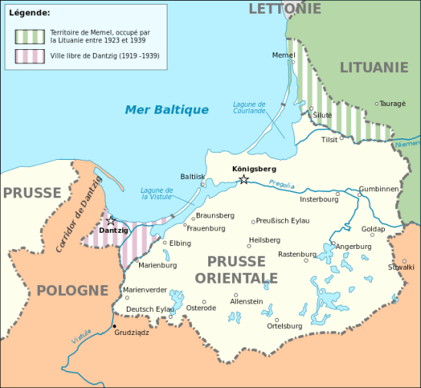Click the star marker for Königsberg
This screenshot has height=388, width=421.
(x=244, y=180)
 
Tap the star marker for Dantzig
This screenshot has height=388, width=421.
(x=111, y=221)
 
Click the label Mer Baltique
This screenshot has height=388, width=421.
(x=167, y=110)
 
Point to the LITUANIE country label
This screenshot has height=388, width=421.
(x=373, y=68)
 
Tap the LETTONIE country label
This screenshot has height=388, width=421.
(x=284, y=8)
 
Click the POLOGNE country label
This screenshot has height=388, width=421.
(x=71, y=290)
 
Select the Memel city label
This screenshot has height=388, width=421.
(x=283, y=55)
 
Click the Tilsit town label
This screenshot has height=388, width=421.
(x=329, y=140)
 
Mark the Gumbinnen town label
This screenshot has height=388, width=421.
(x=379, y=188)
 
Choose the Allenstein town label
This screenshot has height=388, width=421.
(x=247, y=301)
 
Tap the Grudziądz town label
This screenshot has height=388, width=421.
(x=131, y=333)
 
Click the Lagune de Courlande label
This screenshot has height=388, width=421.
(x=250, y=108)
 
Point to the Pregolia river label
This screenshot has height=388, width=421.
(x=282, y=184)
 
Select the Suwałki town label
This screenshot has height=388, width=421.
(x=401, y=267)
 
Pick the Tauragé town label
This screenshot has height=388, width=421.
(x=393, y=103)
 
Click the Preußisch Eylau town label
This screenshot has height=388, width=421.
(x=283, y=221)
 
